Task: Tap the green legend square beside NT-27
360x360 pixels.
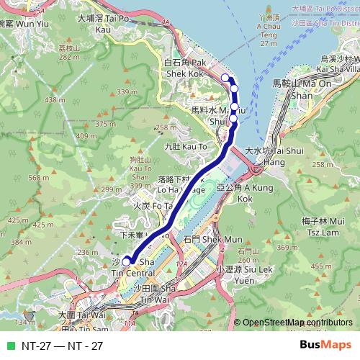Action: click(9, 346)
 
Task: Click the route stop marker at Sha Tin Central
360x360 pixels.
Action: click(126, 261)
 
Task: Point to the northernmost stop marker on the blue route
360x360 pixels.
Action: click(225, 78)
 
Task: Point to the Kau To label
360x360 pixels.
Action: click(185, 146)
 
